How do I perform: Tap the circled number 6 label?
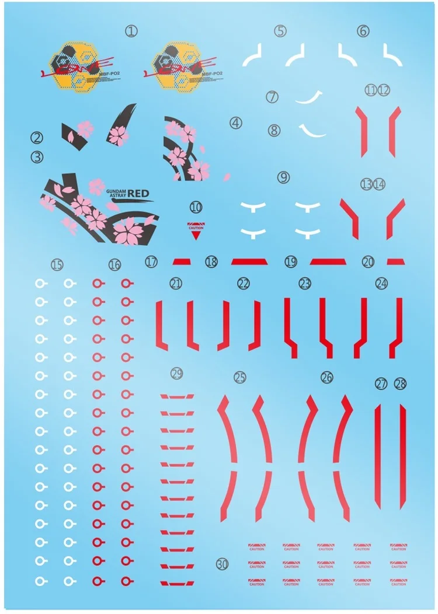coord(363,31)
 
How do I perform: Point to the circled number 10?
coord(196,206)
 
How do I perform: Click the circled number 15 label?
coord(57,265)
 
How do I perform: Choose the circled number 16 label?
coord(114,265)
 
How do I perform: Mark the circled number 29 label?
coord(176,374)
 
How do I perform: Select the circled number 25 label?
coord(239,378)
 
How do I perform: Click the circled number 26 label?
coord(326,378)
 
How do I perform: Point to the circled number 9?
coord(284,176)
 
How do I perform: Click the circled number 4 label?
coord(236,123)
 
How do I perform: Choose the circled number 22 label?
coord(244,284)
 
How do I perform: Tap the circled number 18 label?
coord(211,263)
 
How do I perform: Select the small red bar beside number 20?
coord(395,261)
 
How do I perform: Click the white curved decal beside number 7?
coord(309,97)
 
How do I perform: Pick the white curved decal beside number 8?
coord(312,130)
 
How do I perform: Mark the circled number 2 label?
coord(37,138)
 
